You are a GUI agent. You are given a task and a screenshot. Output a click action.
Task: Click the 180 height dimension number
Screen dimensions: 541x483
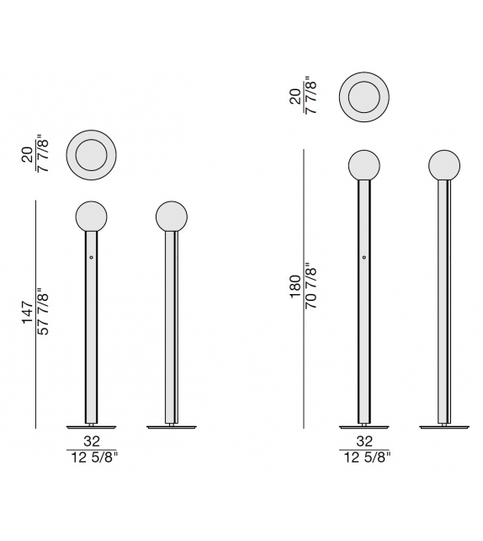click(295, 287)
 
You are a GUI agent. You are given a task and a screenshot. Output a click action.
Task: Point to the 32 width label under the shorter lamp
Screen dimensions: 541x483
click(91, 441)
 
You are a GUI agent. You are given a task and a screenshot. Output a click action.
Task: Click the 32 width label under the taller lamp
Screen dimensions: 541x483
click(364, 441)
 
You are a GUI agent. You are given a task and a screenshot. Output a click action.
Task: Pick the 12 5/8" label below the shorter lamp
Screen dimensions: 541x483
click(91, 458)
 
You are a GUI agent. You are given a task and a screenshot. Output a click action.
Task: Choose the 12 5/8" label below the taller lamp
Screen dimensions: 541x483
click(364, 458)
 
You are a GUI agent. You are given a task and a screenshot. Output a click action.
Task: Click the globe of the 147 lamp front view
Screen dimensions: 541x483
click(91, 217)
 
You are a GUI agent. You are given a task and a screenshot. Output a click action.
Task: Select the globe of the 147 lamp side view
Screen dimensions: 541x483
click(171, 217)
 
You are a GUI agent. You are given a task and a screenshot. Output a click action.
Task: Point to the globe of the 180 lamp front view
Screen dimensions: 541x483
click(364, 165)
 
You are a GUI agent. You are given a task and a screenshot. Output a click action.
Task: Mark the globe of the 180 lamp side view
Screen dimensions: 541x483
click(443, 165)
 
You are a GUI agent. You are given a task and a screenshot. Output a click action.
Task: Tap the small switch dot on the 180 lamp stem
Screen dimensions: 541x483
click(364, 256)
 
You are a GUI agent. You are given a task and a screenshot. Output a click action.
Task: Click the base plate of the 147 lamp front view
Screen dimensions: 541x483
click(91, 426)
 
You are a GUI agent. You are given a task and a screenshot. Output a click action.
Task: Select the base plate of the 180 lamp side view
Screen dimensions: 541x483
click(443, 426)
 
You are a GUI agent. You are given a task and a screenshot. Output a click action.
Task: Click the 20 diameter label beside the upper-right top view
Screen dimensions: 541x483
click(295, 97)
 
